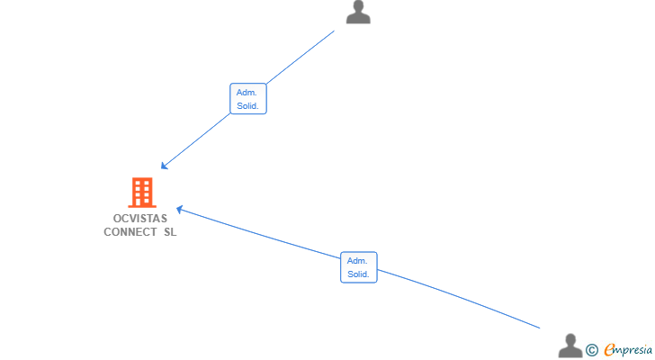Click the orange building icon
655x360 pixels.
coord(142,193)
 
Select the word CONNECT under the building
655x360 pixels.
coord(130,232)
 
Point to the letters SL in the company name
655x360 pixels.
coord(170,232)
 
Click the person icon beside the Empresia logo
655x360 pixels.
coord(570,346)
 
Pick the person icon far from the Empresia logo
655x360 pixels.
coord(358,12)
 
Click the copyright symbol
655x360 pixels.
coord(591,350)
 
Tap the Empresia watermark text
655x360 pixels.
coord(628,350)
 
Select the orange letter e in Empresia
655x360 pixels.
coord(609,350)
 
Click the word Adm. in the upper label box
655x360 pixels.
coord(247,93)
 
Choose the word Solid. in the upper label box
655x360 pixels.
coord(247,106)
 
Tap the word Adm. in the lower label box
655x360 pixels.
coord(357,261)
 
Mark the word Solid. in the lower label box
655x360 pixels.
coord(358,274)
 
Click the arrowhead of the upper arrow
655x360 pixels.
coord(164,166)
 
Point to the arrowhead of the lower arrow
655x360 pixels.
coord(180,209)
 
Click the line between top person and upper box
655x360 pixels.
coord(301,58)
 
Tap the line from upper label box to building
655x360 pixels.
coord(195,141)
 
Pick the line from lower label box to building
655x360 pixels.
coord(258,233)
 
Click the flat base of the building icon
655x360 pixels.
coord(142,206)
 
